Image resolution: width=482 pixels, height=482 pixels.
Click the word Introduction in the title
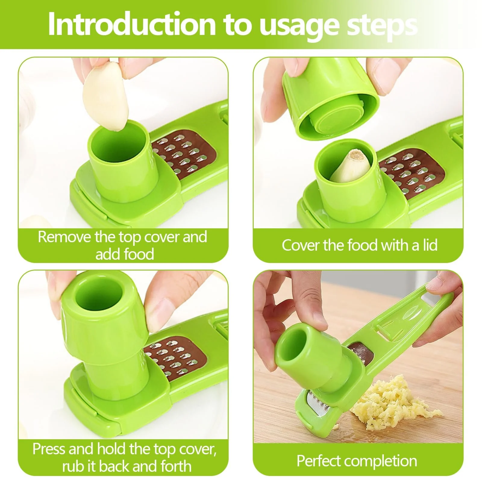click(x=132, y=24)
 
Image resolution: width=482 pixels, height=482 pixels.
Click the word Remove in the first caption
click(x=64, y=237)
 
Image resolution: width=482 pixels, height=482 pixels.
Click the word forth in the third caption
click(x=176, y=466)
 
